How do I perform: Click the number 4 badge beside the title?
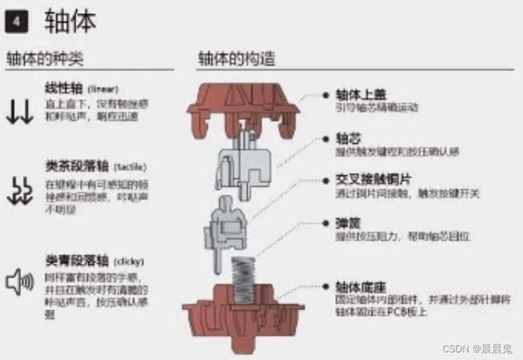16,22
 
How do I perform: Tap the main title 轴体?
70,22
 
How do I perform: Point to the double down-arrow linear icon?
20,112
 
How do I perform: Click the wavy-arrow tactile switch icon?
20,189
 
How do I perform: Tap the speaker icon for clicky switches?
20,281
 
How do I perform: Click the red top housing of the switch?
243,105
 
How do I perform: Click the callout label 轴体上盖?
361,94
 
